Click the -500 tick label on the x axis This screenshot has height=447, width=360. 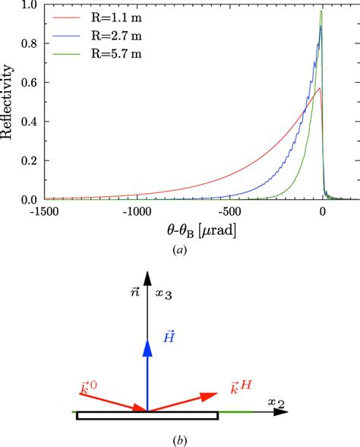point(230,212)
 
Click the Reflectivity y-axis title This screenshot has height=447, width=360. point(9,103)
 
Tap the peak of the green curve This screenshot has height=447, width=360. point(321,11)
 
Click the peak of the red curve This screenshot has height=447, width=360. point(321,88)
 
